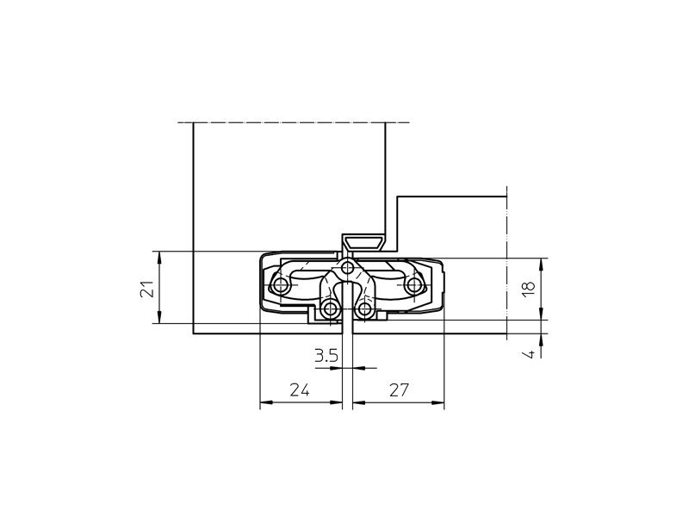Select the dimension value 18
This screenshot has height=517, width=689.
click(529, 288)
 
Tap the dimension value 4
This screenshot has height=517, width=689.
click(531, 353)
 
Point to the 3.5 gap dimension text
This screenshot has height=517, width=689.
click(326, 355)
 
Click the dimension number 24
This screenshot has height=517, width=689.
click(299, 390)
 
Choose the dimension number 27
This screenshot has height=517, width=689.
click(399, 390)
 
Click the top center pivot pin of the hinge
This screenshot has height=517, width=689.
click(348, 267)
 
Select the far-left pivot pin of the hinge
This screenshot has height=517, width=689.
click(280, 286)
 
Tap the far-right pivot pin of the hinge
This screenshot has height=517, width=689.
click(413, 286)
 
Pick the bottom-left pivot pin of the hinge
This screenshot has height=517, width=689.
click(330, 309)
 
